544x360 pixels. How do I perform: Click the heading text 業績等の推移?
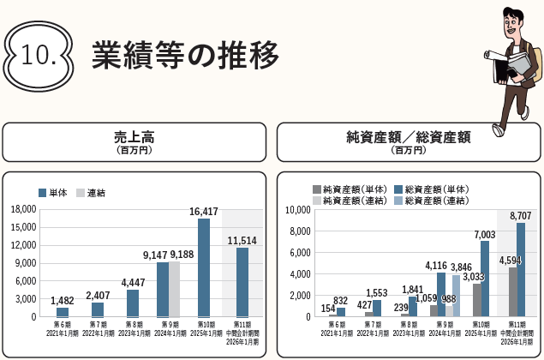185,54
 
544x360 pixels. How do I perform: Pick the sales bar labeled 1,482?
63,312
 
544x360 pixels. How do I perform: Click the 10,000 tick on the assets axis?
296,210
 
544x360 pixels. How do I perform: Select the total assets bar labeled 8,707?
521,269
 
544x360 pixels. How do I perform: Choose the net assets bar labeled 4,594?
512,291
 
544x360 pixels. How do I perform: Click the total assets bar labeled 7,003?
485,279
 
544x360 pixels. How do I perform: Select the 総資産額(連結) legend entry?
430,201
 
